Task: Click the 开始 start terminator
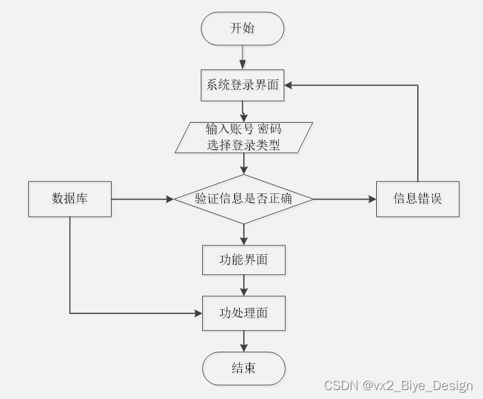(242, 29)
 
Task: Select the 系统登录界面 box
(243, 86)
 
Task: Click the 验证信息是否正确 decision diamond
(243, 199)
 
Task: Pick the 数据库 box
(70, 199)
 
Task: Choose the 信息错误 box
(417, 199)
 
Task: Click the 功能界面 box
(243, 261)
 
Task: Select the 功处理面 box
(243, 313)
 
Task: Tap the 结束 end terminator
(243, 368)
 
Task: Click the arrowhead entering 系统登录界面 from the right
(289, 86)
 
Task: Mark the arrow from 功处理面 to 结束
(243, 341)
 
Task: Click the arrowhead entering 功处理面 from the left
(199, 313)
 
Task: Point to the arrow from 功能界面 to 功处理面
(243, 286)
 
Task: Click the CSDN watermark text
(398, 386)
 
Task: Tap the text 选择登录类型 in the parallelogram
(243, 145)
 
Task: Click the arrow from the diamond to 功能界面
(243, 234)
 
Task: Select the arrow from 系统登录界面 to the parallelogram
(243, 112)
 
